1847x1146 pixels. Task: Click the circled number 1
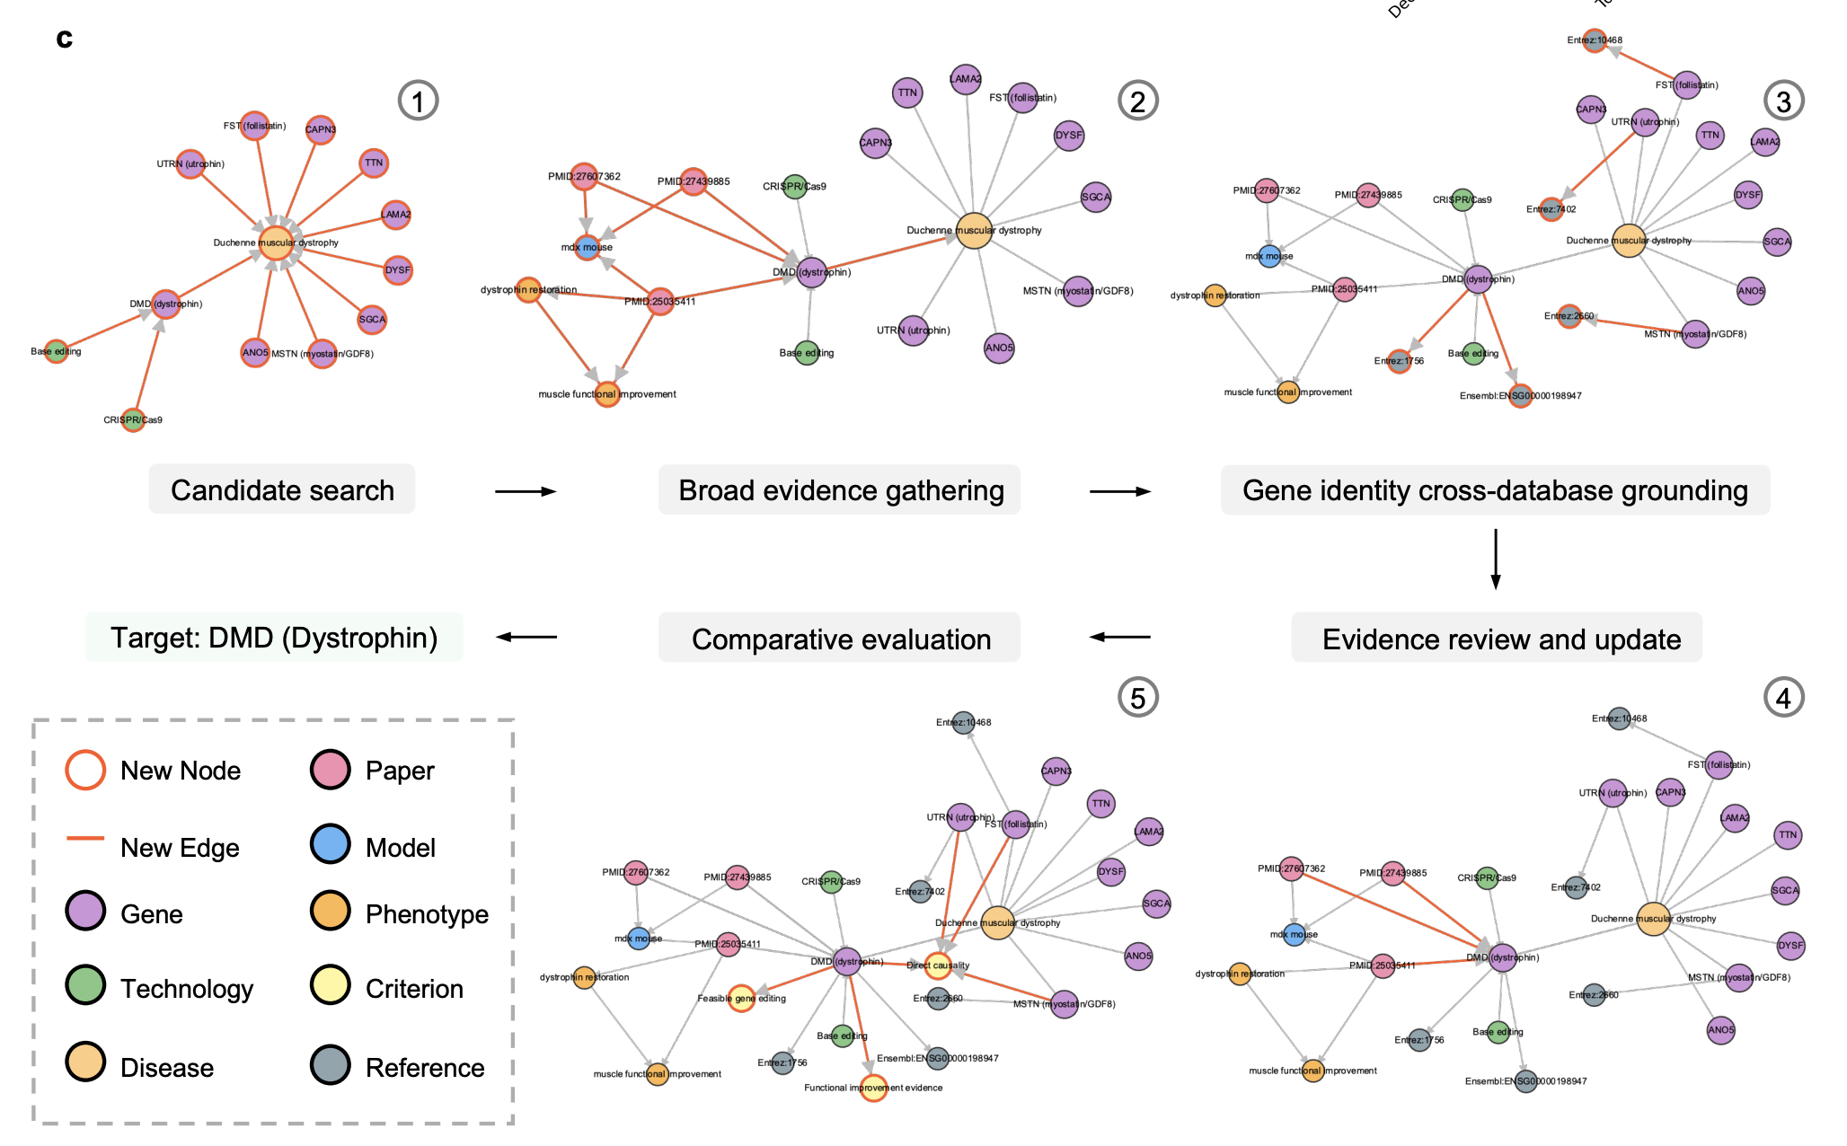tap(418, 101)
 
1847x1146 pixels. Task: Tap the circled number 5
tap(1137, 697)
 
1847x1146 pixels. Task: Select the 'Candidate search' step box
tap(282, 490)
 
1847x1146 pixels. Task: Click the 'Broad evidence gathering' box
tap(840, 490)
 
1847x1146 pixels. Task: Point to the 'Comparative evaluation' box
tap(840, 639)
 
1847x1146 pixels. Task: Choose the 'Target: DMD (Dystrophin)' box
tap(274, 638)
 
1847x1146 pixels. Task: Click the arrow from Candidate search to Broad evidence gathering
tap(526, 491)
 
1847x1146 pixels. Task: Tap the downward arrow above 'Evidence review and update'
tap(1495, 559)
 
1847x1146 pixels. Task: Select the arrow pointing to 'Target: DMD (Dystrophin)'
tap(526, 637)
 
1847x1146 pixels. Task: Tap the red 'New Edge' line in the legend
tap(85, 839)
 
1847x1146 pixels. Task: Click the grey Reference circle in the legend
tap(330, 1065)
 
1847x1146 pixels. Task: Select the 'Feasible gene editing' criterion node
tap(741, 998)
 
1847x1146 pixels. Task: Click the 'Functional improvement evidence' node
tap(873, 1088)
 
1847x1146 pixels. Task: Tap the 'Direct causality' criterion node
tap(938, 965)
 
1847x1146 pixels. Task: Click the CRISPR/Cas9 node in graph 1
tap(133, 419)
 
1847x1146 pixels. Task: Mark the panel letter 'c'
tap(64, 38)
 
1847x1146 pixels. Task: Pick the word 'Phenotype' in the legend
tap(427, 914)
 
